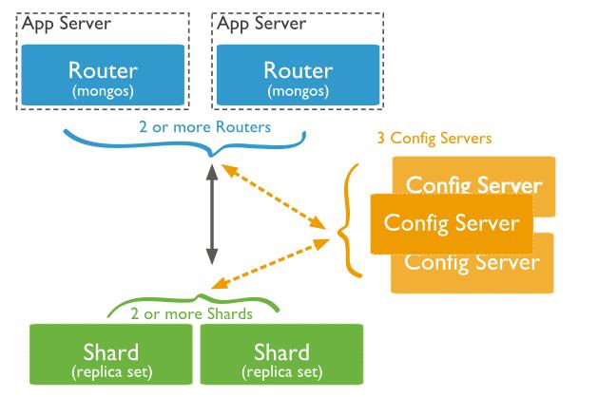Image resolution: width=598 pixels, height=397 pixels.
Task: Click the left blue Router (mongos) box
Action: point(103,75)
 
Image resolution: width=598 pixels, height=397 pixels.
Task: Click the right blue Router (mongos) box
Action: point(299,75)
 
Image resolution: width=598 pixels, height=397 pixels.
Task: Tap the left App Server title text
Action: point(67,24)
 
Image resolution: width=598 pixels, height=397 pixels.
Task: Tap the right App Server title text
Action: point(261,24)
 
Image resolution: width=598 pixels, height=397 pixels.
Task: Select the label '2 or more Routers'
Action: point(204,127)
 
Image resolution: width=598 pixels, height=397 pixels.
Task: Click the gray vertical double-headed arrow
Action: point(212,215)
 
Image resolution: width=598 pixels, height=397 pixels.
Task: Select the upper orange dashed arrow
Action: point(274,197)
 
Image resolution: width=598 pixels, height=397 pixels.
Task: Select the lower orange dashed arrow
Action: point(270,263)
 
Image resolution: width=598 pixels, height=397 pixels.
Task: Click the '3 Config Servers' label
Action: point(434,138)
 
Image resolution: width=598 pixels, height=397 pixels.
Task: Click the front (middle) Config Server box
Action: point(452,223)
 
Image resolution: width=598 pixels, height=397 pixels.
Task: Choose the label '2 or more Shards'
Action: point(191,314)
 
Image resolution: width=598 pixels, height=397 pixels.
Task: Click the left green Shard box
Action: point(111,354)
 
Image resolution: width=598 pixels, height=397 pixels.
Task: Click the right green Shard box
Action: point(281,354)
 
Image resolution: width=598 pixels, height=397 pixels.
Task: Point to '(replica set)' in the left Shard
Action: point(112,372)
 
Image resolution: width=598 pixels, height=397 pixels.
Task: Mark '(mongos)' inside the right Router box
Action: point(299,91)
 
